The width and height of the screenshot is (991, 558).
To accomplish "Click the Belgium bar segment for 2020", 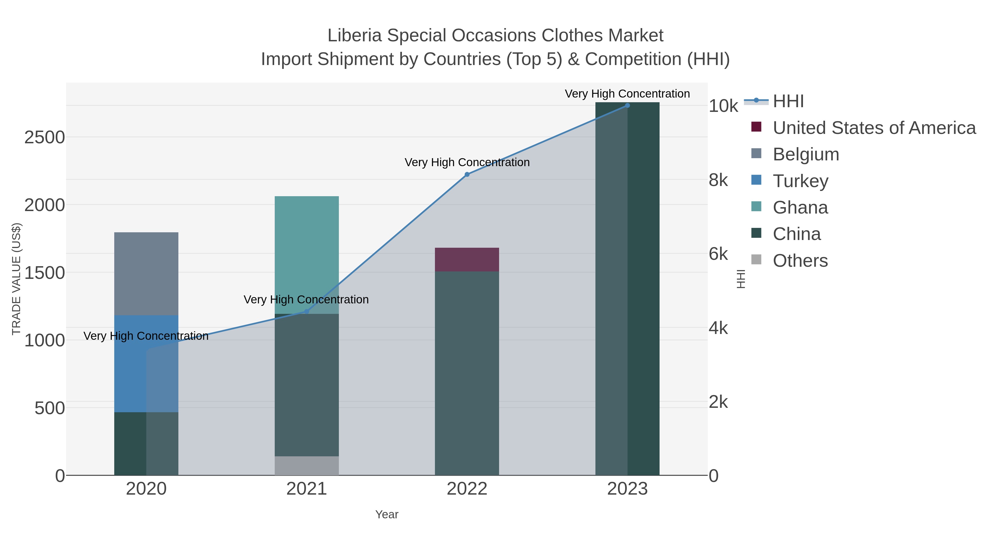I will [146, 273].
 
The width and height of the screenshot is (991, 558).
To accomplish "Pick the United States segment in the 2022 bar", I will [467, 260].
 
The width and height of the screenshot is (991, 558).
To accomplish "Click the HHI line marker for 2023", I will [627, 106].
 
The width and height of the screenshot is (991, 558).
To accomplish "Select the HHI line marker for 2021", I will [307, 312].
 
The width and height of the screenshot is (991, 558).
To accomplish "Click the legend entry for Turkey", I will [800, 181].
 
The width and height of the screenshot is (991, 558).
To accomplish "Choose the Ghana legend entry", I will [800, 207].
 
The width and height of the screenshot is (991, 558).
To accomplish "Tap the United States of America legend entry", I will [873, 128].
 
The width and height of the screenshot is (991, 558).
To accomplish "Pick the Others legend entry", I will [800, 261].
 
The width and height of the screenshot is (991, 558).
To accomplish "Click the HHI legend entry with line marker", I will [788, 101].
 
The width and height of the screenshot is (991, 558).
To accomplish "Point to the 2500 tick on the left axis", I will [45, 138].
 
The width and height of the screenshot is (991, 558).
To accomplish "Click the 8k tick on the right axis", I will [718, 180].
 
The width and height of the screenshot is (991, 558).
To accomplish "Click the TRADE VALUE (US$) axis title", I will [17, 279].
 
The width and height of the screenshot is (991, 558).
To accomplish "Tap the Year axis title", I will [387, 514].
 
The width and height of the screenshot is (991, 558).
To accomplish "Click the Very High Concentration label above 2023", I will [627, 94].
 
